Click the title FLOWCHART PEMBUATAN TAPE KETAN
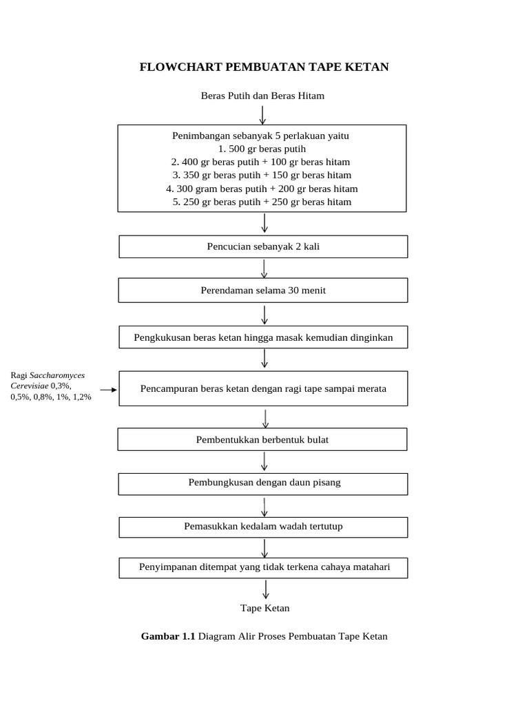(264, 67)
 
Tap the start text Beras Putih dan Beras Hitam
(262, 96)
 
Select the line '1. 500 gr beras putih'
(262, 149)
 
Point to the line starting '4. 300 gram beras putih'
(262, 189)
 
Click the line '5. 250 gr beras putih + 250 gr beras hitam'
(262, 202)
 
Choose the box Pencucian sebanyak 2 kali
(263, 246)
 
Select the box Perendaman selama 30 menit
(263, 291)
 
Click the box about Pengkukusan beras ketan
(263, 337)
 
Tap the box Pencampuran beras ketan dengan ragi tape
(263, 388)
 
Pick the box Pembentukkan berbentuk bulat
(262, 439)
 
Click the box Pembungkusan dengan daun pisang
(263, 483)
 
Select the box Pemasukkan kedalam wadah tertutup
(263, 527)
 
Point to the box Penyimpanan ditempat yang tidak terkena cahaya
(263, 567)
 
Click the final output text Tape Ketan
(265, 608)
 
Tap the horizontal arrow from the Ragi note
(108, 390)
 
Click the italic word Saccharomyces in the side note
(57, 375)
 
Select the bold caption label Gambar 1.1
(168, 636)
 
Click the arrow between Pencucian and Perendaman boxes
(264, 269)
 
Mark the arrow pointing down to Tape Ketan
(266, 589)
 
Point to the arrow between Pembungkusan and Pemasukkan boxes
(264, 507)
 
